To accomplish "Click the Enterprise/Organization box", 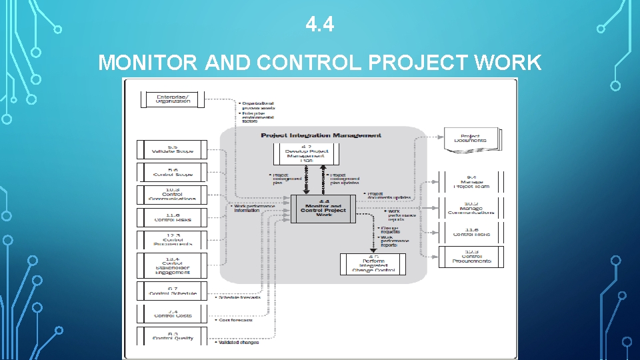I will (173, 99).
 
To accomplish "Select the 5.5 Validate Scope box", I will (173, 149).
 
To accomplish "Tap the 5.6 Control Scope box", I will (173, 172).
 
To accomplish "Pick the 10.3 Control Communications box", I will (173, 194).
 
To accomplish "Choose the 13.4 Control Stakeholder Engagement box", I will (173, 265).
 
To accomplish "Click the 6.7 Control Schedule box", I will (173, 290).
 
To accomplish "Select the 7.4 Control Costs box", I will (173, 313).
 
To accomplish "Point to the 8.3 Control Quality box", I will (173, 336).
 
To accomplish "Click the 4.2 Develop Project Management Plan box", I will (307, 153).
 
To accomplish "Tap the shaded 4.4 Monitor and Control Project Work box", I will (323, 208).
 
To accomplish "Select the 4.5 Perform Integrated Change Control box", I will (373, 263).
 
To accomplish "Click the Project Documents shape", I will (471, 139).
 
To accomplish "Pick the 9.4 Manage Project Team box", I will (471, 182).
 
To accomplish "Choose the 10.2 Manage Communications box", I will (471, 209).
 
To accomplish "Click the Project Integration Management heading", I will (321, 135).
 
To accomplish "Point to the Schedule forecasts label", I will (239, 297).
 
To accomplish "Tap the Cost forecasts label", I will (234, 320).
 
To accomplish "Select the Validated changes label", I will (237, 342).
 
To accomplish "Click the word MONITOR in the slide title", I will (148, 63).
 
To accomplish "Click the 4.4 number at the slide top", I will (320, 25).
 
